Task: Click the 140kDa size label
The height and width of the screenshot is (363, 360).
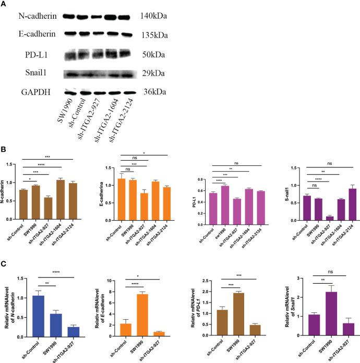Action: click(153, 16)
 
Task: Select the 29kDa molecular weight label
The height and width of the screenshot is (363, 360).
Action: click(151, 74)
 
